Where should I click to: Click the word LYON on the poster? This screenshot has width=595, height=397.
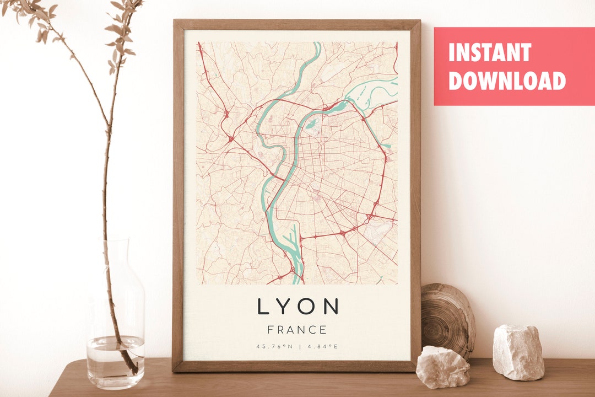click(x=297, y=307)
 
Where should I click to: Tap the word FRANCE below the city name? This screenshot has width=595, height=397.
click(x=297, y=330)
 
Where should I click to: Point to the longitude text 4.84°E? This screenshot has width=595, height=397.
click(x=323, y=347)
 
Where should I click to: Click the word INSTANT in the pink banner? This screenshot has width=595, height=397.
click(x=489, y=53)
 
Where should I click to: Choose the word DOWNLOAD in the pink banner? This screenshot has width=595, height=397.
click(x=507, y=81)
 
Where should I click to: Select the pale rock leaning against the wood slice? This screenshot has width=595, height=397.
click(x=442, y=367)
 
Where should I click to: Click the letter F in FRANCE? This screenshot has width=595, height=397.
click(x=271, y=330)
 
